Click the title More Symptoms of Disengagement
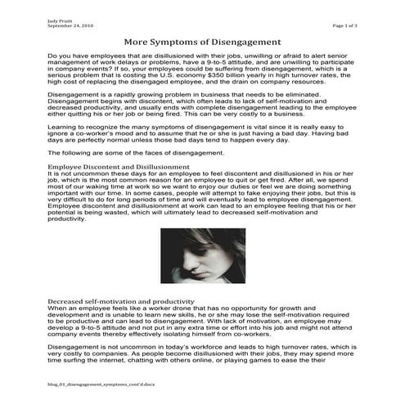pyautogui.click(x=202, y=41)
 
